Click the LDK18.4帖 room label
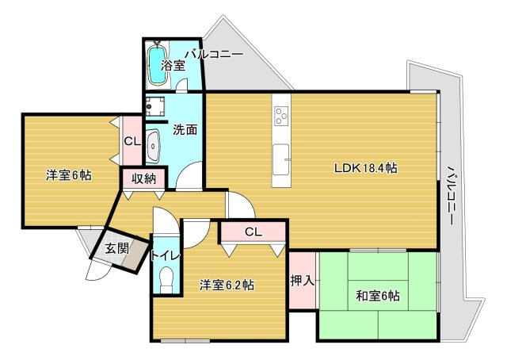(x=365, y=168)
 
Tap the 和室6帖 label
(x=377, y=297)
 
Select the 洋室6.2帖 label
(x=227, y=285)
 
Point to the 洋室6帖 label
(x=67, y=175)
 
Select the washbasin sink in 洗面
(x=154, y=146)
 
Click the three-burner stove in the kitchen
(x=281, y=117)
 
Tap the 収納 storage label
(x=143, y=178)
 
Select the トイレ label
(x=165, y=255)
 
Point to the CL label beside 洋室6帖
(x=132, y=141)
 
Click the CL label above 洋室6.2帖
(x=253, y=232)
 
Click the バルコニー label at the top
(x=214, y=55)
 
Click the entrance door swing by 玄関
(x=96, y=268)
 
